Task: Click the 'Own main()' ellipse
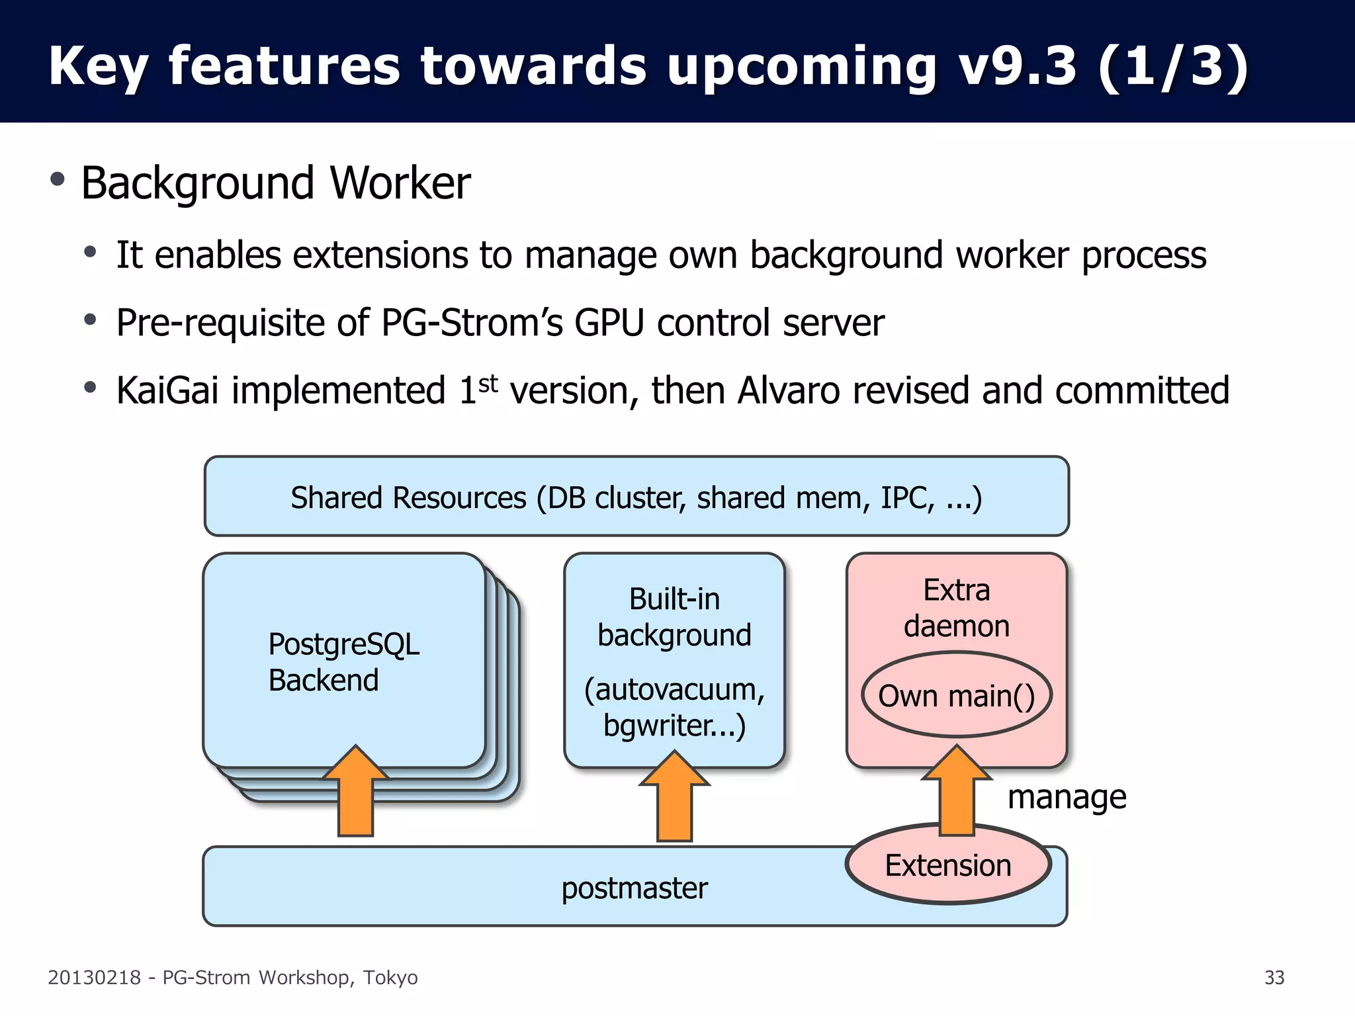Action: point(956,696)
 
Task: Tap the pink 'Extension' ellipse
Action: point(948,866)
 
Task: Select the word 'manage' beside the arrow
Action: point(1067,797)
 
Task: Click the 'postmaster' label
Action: point(634,888)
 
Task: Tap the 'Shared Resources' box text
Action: point(636,497)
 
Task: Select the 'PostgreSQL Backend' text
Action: point(343,662)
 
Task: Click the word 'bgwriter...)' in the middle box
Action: point(674,726)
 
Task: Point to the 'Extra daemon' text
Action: point(956,608)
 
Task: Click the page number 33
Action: point(1274,978)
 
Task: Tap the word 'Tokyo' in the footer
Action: point(390,978)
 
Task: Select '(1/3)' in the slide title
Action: point(1172,66)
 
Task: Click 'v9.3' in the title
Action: point(1018,66)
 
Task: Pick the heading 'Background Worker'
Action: point(275,183)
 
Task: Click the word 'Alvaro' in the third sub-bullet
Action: point(788,390)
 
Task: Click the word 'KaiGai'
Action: point(167,390)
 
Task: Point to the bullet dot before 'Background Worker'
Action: point(58,179)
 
